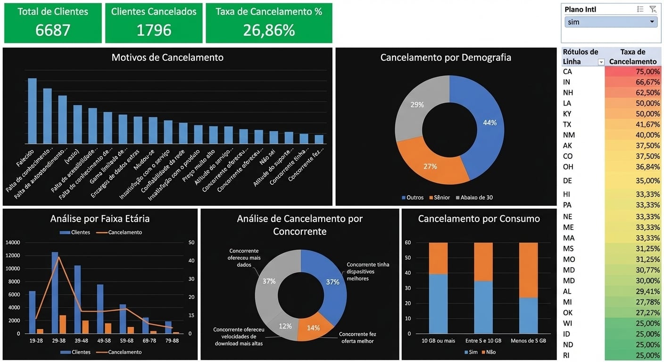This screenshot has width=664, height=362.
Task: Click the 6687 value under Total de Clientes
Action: coord(53,30)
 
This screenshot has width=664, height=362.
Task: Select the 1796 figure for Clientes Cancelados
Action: coord(154,30)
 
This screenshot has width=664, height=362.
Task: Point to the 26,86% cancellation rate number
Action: coord(269,30)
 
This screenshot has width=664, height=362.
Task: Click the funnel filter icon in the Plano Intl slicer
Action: coord(653,9)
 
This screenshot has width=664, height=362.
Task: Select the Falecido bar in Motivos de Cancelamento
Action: coord(32,111)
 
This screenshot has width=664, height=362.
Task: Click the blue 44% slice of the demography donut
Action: coord(481,123)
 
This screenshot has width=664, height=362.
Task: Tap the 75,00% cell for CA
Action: coord(633,72)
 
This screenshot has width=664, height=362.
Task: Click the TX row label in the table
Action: coord(567,124)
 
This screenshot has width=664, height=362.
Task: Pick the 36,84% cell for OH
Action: coord(633,167)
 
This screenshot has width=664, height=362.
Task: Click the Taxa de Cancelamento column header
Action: coord(633,57)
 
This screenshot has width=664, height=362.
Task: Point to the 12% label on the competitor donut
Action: coord(285,326)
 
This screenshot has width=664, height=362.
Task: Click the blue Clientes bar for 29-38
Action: coord(55,292)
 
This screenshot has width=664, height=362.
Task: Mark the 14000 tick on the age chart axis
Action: coord(13,242)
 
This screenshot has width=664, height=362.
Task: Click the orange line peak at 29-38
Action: coord(58,257)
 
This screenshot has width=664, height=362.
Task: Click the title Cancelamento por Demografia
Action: coord(446,58)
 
